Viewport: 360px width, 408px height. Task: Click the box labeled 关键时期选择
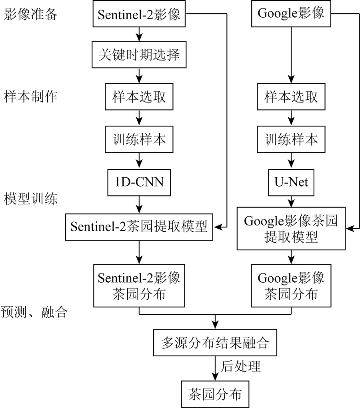coord(139,54)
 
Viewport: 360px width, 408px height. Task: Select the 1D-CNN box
coord(139,183)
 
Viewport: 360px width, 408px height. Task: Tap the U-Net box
coord(291,183)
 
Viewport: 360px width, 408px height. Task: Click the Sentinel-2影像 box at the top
coord(139,14)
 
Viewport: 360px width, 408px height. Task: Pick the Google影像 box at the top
coord(291,14)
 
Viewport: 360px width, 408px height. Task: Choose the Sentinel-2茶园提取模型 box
coord(139,227)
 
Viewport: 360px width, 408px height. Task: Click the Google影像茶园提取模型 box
coord(291,229)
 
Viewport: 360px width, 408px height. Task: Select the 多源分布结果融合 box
coord(215,343)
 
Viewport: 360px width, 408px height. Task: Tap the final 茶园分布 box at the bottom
coord(215,394)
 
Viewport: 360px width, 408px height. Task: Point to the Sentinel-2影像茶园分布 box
coord(139,286)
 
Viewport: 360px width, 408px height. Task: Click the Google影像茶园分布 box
coord(291,286)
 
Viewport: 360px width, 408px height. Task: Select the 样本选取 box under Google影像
coord(291,96)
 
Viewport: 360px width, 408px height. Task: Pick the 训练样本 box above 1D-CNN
coord(139,139)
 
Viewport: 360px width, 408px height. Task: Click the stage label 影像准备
coord(31,14)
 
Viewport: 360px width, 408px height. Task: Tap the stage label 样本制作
coord(31,96)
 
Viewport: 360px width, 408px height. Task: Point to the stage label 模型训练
coord(31,199)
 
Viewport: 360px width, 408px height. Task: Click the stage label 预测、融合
coord(34,312)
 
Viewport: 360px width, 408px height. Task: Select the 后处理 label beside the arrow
coord(240,366)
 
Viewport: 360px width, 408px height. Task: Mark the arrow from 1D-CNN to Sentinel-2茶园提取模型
coord(139,205)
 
